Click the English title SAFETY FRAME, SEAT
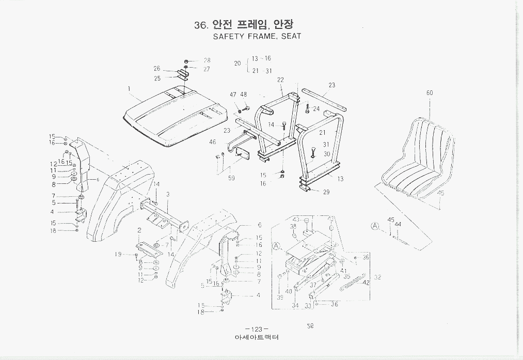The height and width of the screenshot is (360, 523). pyautogui.click(x=257, y=37)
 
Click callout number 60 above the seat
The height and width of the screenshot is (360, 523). pyautogui.click(x=429, y=93)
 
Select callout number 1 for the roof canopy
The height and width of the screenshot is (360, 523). pyautogui.click(x=129, y=88)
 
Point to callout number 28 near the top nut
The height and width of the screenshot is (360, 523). pyautogui.click(x=207, y=60)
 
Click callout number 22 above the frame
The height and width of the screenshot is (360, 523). pyautogui.click(x=280, y=80)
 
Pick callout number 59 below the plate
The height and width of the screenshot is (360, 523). pyautogui.click(x=231, y=178)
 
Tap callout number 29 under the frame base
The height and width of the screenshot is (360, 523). pyautogui.click(x=326, y=192)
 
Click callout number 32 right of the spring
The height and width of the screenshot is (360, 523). pyautogui.click(x=377, y=277)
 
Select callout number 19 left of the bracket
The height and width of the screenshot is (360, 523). pyautogui.click(x=118, y=254)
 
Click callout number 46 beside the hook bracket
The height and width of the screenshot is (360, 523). pyautogui.click(x=212, y=142)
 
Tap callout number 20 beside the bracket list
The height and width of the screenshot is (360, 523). pyautogui.click(x=237, y=64)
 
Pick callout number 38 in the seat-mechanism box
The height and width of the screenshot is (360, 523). pyautogui.click(x=293, y=226)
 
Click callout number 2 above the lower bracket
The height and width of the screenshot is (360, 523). pyautogui.click(x=139, y=229)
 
